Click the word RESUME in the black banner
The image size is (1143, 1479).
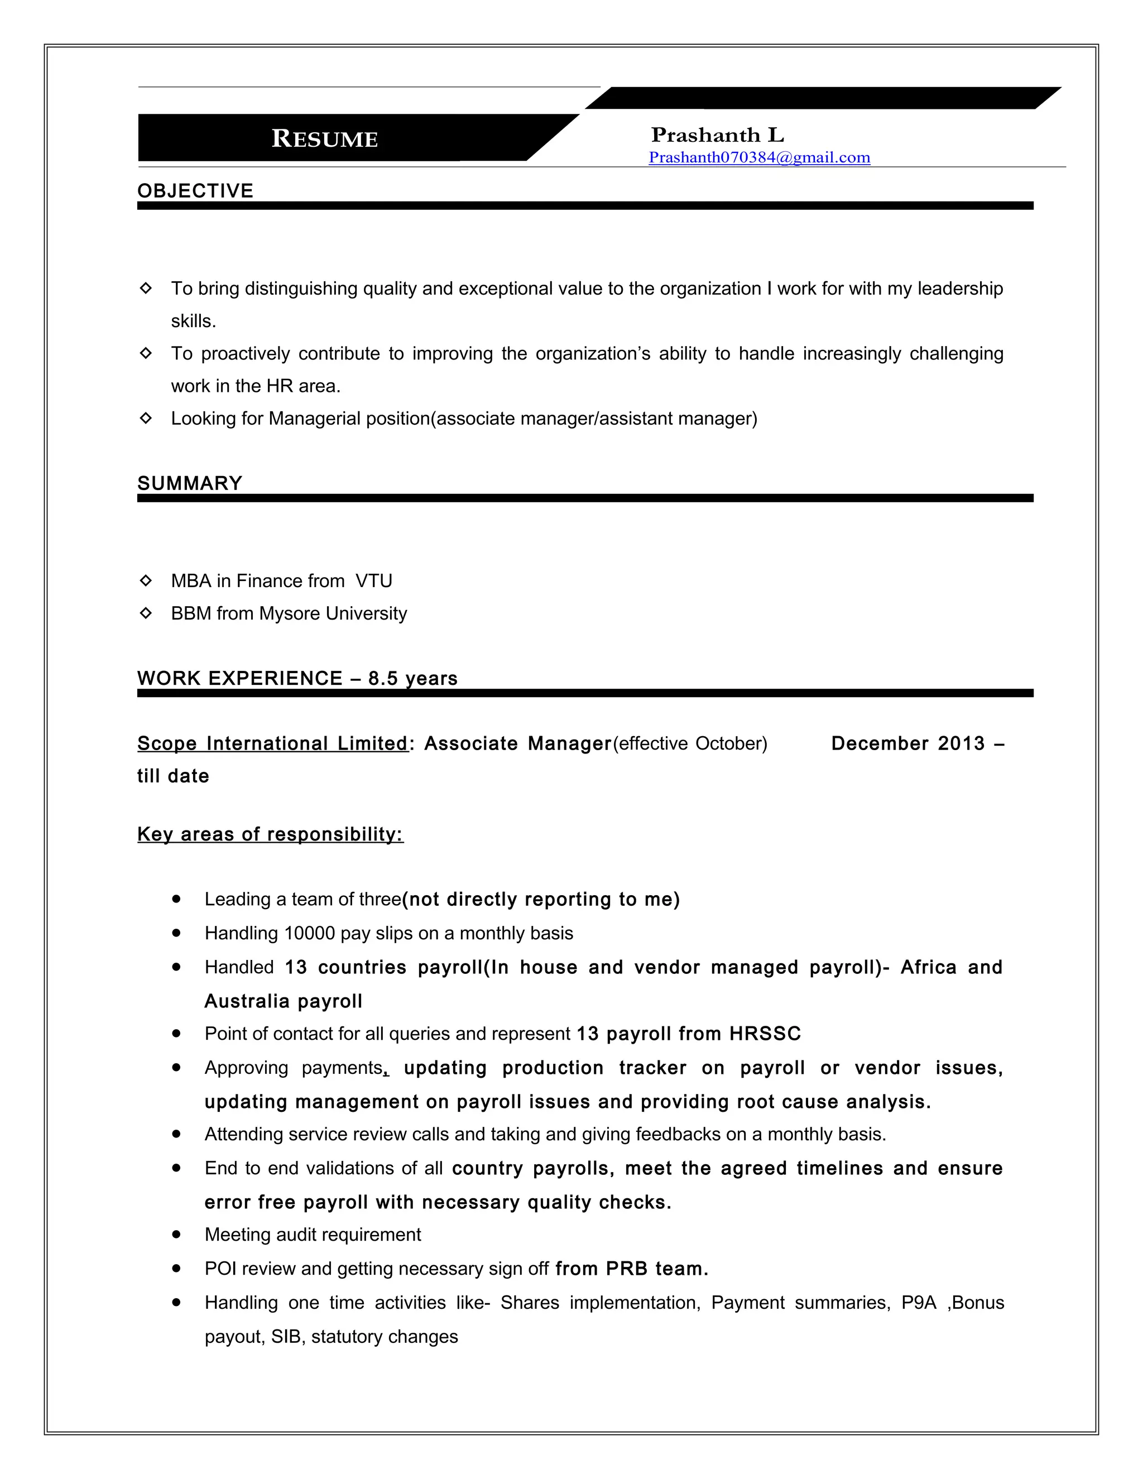(x=324, y=138)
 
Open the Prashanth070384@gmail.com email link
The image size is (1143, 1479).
(x=759, y=157)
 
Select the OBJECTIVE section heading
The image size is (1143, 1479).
(x=195, y=190)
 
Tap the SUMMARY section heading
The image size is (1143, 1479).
(x=190, y=483)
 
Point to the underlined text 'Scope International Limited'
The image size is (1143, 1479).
(x=272, y=743)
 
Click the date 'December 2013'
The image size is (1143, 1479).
(x=907, y=743)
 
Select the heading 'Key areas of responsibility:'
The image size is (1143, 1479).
(x=270, y=834)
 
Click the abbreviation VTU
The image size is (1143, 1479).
(x=374, y=580)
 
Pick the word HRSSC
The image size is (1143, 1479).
(x=765, y=1034)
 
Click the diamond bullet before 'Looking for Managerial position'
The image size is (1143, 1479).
(x=146, y=418)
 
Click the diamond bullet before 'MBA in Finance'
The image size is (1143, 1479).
(x=146, y=580)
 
